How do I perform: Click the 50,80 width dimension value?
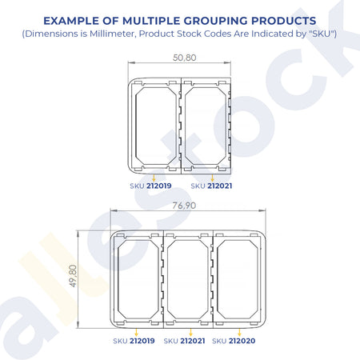185,58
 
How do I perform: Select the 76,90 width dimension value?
184,206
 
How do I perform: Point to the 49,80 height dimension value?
73,276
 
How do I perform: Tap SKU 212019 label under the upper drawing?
150,186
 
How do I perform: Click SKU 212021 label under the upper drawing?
211,186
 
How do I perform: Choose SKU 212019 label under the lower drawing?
134,341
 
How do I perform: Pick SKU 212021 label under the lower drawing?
185,341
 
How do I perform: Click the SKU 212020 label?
234,341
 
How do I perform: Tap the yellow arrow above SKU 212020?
239,332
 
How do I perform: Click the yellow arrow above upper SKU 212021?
212,178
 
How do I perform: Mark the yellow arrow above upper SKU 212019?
154,178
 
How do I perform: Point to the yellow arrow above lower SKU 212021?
190,332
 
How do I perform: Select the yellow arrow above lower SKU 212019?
137,332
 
